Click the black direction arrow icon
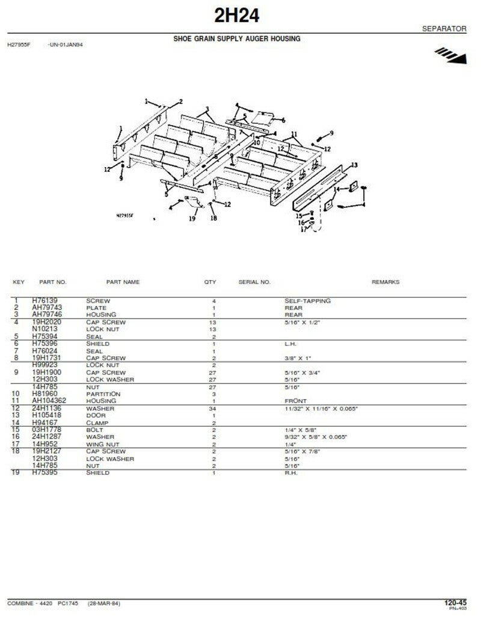coord(451,57)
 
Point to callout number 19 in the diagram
coord(192,219)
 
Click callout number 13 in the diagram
coord(354,165)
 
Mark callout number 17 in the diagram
coord(304,228)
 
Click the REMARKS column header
coord(385,282)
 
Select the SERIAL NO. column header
coord(254,282)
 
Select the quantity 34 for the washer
coord(213,409)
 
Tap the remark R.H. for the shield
coord(291,473)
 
